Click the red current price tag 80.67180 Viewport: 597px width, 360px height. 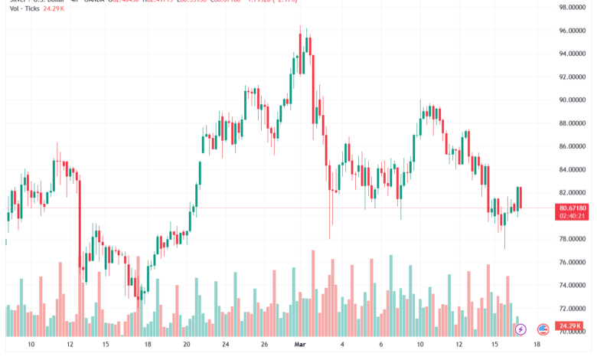click(573, 208)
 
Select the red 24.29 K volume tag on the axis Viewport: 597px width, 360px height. click(571, 326)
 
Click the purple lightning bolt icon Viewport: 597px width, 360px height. click(520, 329)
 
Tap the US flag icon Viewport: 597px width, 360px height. click(543, 329)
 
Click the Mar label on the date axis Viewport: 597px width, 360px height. click(300, 345)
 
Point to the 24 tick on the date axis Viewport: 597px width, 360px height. click(226, 345)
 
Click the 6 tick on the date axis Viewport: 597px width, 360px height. click(380, 345)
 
